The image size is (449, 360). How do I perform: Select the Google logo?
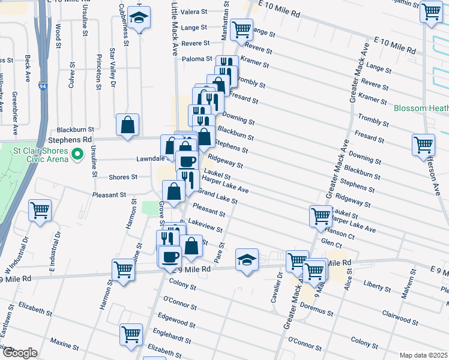[x=19, y=353]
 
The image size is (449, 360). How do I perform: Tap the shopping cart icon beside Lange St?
[x=242, y=28]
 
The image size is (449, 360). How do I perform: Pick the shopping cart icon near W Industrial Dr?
[x=40, y=211]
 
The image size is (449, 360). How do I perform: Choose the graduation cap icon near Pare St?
[x=247, y=260]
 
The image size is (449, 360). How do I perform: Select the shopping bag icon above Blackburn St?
[x=128, y=125]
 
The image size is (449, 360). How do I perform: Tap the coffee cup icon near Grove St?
[x=169, y=256]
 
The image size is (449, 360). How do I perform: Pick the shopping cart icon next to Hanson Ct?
[x=321, y=216]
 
